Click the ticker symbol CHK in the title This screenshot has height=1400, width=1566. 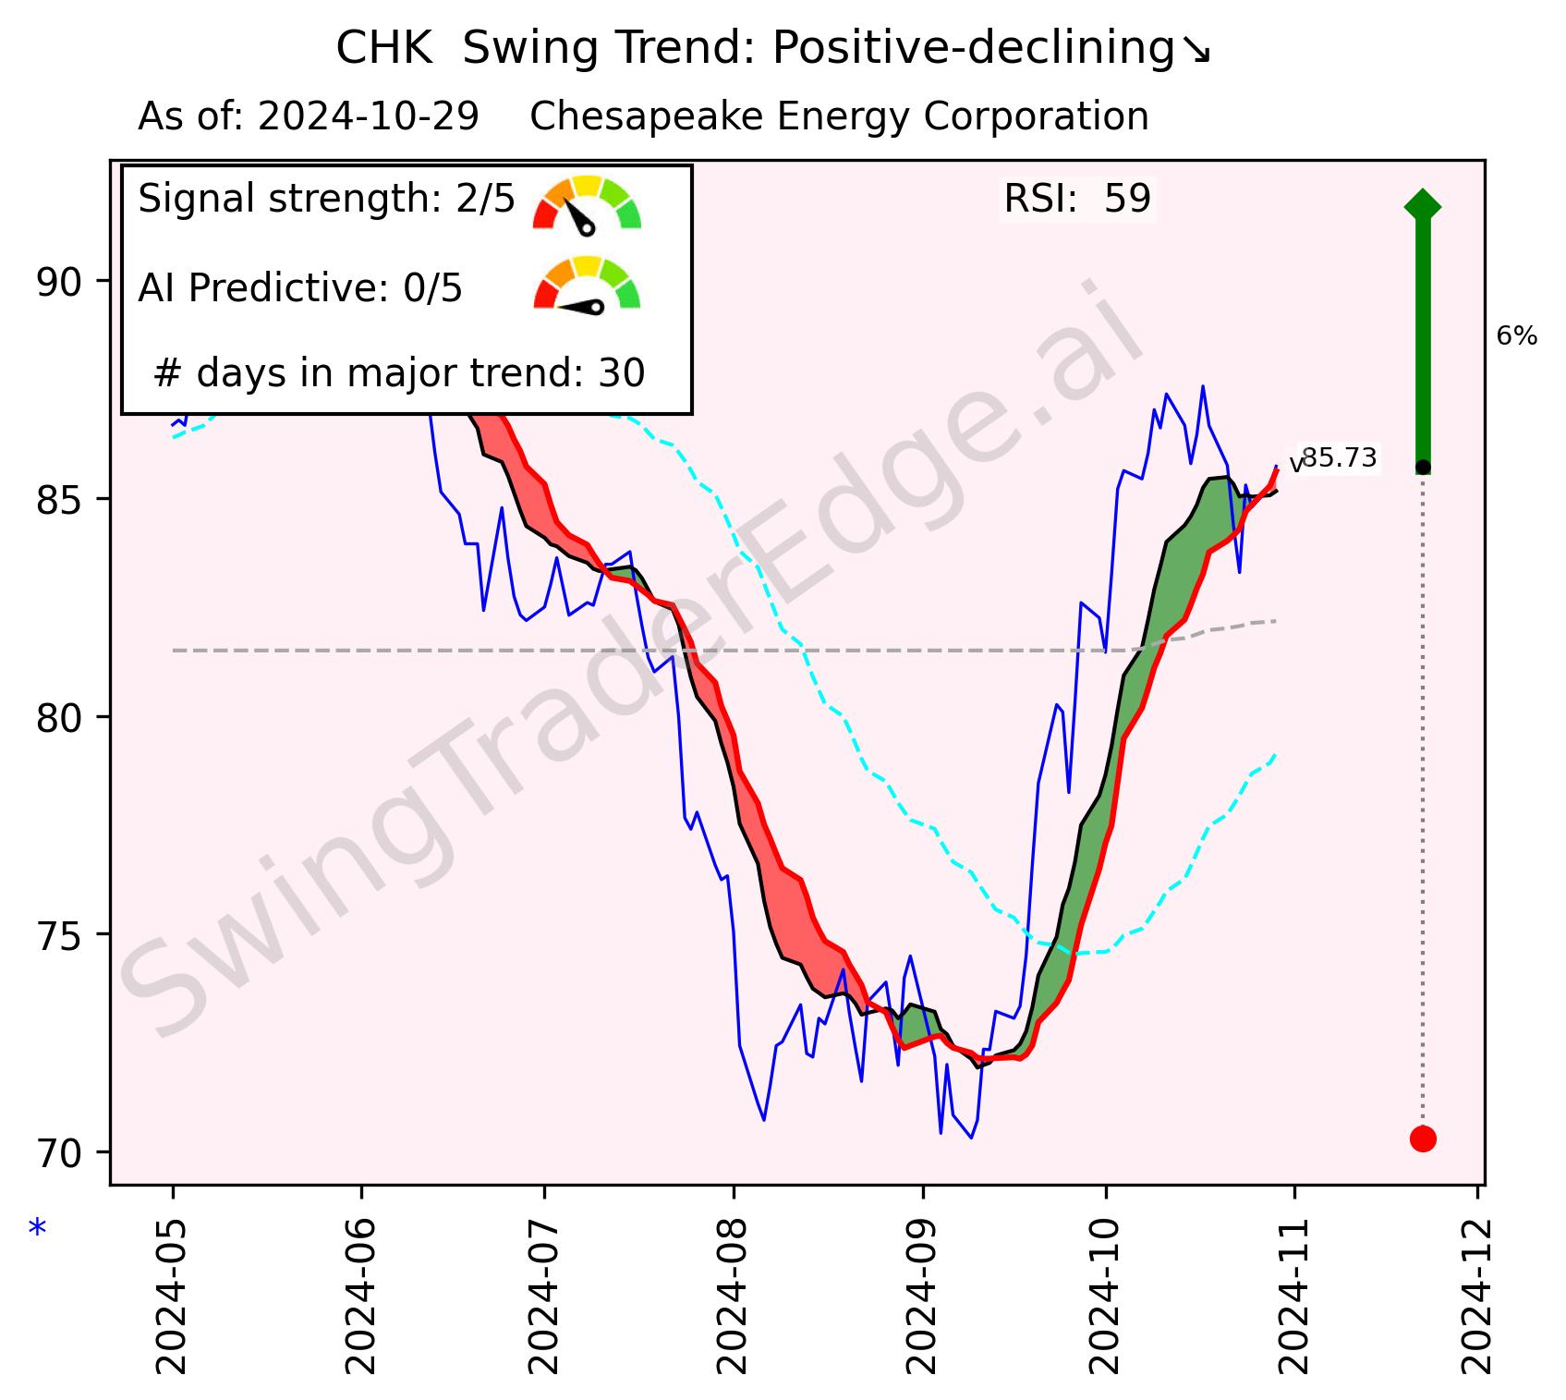(383, 49)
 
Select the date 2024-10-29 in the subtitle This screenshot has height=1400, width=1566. (368, 117)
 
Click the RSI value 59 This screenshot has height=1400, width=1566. (1127, 199)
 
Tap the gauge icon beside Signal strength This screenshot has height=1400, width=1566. (587, 202)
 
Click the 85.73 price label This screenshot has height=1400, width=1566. (1339, 458)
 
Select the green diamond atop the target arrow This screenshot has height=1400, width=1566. (1422, 204)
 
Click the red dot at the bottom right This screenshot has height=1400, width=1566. (1423, 1138)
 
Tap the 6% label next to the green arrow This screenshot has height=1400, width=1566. (1516, 336)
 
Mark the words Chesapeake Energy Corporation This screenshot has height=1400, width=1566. (839, 117)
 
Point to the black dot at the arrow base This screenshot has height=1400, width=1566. (1423, 467)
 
